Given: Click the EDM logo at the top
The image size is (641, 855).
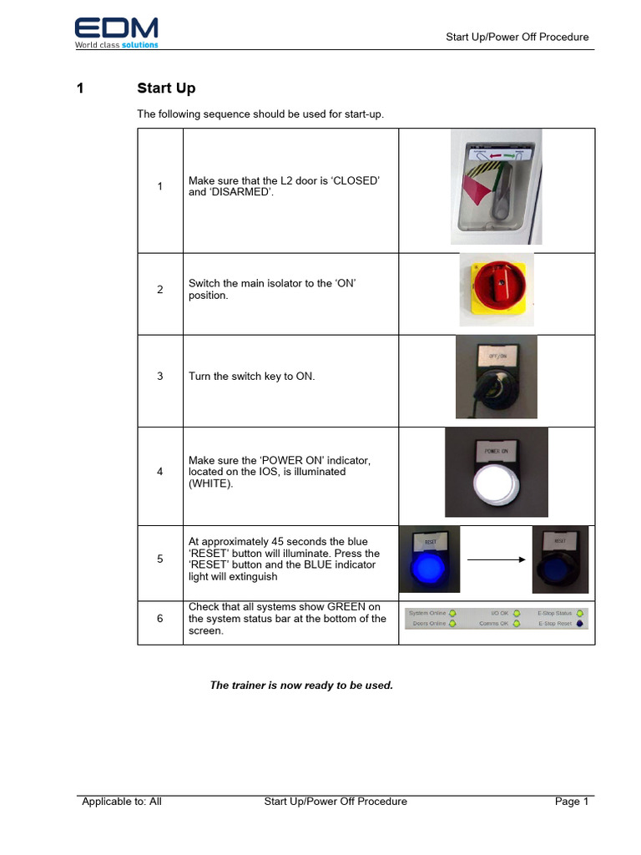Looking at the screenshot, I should coord(116,32).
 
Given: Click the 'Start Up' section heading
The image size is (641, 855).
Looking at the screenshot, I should coord(166,89).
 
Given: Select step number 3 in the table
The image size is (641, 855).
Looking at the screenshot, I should coord(160,377).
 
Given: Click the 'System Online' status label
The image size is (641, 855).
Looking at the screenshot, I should coord(427,614).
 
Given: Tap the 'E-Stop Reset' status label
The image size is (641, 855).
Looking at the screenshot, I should coord(555,625).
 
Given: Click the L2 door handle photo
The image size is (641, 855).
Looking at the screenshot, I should coord(496,186).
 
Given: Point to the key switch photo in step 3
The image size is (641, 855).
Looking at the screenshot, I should coord(496,377).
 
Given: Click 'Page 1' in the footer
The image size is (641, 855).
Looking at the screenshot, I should coord(572,802).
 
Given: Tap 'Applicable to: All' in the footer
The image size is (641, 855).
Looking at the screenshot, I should coord(122,802).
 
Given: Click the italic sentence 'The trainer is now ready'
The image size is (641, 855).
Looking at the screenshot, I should coord(300,686).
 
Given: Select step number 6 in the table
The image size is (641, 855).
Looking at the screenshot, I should coord(160,619).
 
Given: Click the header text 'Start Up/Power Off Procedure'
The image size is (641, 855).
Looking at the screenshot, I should coord(517,37).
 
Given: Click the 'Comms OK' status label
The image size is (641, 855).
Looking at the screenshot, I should coord(493,625).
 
